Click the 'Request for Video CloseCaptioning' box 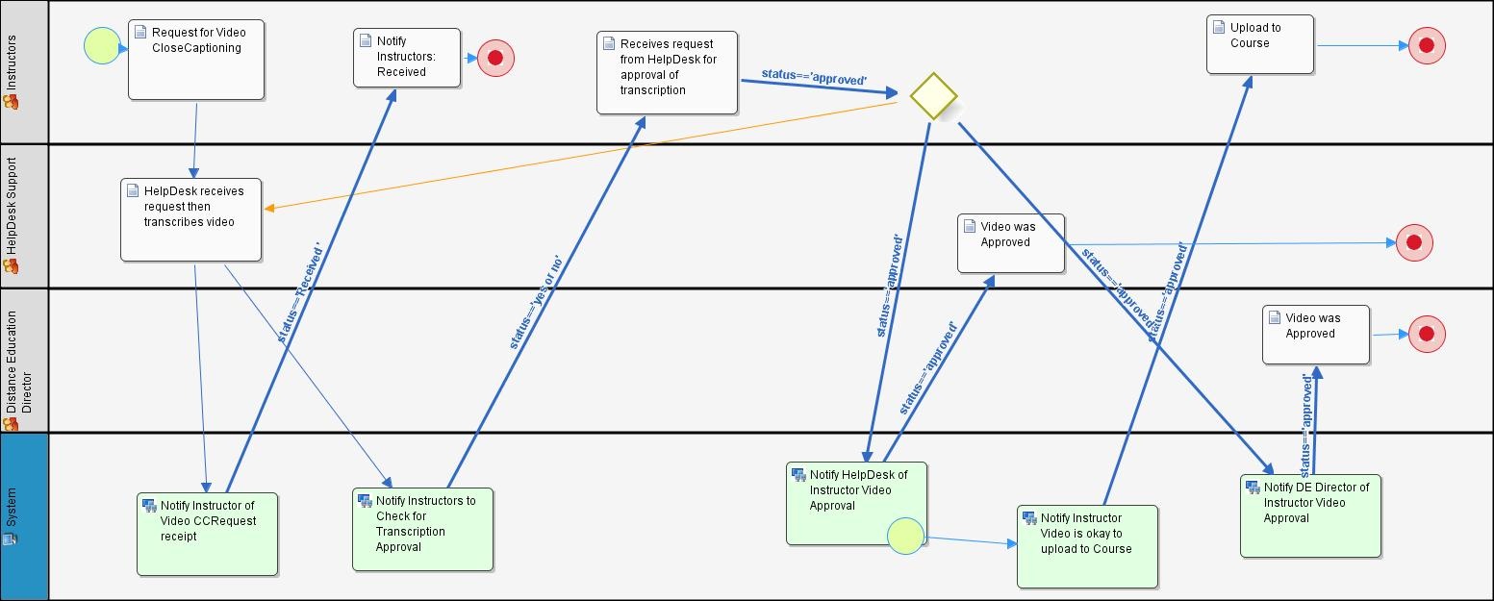tap(196, 60)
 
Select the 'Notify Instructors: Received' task tap(403, 59)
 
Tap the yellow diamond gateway tap(933, 96)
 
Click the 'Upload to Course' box tap(1259, 44)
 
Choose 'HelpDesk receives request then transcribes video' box tap(190, 219)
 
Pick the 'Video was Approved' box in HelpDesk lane tap(1011, 243)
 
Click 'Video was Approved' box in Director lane tap(1315, 335)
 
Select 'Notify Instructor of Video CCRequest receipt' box tap(207, 534)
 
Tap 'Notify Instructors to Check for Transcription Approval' tap(422, 529)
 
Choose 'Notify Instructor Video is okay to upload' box tap(1087, 545)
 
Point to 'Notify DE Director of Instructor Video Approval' tap(1310, 515)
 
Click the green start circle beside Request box tap(102, 45)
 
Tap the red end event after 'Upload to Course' tap(1427, 45)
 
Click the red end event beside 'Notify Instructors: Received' tap(495, 58)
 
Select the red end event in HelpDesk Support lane tap(1414, 242)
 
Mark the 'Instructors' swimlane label tap(12, 72)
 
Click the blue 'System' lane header tap(24, 516)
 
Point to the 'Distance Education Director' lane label tap(17, 361)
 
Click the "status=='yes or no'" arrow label tap(534, 301)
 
